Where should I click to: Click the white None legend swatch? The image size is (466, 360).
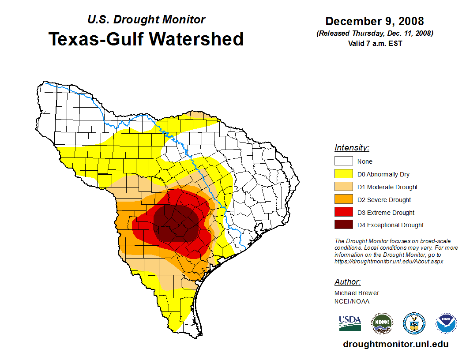(343, 161)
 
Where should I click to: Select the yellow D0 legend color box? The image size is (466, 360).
(343, 174)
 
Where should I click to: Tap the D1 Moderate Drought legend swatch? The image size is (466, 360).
(343, 187)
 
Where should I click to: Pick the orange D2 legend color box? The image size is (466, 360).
(343, 200)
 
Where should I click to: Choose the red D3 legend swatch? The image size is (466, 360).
(343, 213)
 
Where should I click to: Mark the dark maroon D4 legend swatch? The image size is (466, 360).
(343, 225)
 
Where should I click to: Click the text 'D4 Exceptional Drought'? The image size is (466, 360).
(391, 225)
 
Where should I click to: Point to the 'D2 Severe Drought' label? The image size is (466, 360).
(384, 200)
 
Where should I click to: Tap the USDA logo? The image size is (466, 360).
(350, 323)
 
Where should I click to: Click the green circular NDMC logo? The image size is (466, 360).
(382, 323)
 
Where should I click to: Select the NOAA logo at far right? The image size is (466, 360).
(446, 323)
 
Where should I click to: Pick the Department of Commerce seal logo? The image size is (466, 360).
(414, 323)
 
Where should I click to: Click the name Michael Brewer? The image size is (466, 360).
(357, 293)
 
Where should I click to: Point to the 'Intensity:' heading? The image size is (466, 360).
(352, 148)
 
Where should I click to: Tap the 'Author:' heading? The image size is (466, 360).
(347, 282)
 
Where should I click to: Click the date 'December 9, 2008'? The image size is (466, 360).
(375, 21)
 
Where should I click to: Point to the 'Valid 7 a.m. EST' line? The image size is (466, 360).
(375, 43)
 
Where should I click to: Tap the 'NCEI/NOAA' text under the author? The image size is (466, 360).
(352, 301)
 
